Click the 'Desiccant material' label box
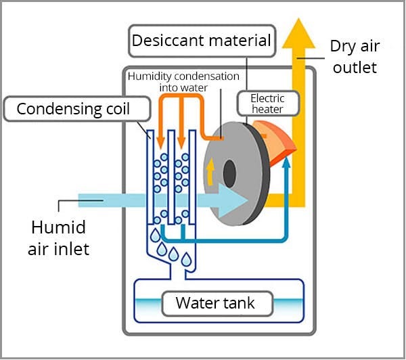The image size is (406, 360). coord(202,41)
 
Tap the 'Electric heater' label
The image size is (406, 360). coord(267,104)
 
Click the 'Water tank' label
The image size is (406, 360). coord(215,302)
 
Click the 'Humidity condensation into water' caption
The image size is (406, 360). coord(183,82)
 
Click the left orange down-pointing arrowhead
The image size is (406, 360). coord(161,141)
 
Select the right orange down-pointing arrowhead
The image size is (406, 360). coord(181,141)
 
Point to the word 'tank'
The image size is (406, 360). coord(236,302)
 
